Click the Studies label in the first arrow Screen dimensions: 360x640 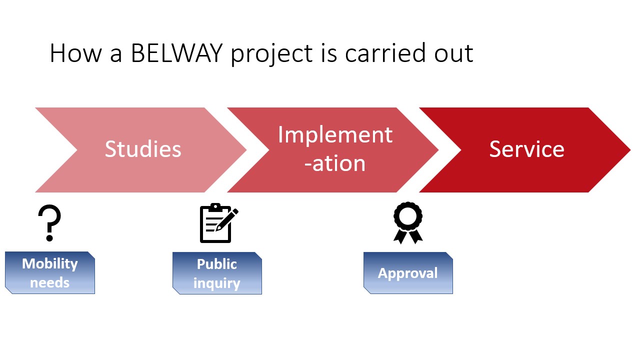[142, 149]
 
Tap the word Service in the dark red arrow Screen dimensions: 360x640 [526, 149]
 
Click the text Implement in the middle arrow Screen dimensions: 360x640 [335, 135]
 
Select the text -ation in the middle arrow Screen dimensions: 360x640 [335, 163]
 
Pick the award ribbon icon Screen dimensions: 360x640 [408, 222]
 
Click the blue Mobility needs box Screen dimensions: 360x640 [50, 272]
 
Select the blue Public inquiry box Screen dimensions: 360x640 [217, 273]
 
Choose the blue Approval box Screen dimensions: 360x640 [408, 273]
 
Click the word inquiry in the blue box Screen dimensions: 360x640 [217, 283]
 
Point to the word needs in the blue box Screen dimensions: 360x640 [49, 282]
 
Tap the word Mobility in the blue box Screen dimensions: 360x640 [50, 263]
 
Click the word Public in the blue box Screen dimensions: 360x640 [217, 264]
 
